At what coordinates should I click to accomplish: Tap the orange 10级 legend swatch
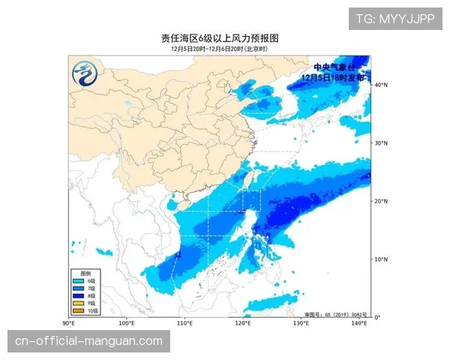tap(78, 310)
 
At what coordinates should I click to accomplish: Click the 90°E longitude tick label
tap(68, 323)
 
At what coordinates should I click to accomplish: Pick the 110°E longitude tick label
tap(184, 323)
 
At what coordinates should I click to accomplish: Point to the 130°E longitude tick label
tap(301, 323)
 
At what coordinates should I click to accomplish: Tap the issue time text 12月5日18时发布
tap(332, 76)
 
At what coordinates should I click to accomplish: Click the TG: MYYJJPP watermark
tap(394, 19)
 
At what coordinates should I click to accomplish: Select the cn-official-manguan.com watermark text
tap(89, 341)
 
